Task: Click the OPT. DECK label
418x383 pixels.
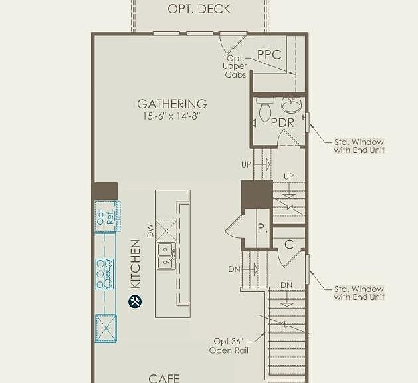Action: tap(199, 9)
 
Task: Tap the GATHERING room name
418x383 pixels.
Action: tap(172, 104)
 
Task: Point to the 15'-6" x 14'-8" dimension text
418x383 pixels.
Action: tap(171, 116)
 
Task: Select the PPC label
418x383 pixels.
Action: tap(269, 55)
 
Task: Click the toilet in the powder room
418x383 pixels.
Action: tap(265, 109)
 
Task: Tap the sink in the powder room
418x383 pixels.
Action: tap(291, 104)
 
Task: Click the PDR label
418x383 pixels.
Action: tap(282, 123)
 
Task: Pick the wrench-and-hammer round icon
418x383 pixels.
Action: tap(135, 301)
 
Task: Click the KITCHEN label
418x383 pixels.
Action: tap(136, 264)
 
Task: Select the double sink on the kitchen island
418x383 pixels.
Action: tap(166, 256)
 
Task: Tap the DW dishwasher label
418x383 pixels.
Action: tap(151, 231)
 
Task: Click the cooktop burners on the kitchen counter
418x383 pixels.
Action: tap(104, 274)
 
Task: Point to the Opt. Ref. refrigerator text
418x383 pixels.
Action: tap(105, 217)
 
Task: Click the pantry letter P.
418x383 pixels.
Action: tap(262, 228)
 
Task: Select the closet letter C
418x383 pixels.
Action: tap(289, 245)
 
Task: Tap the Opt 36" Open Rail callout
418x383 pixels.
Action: tap(229, 346)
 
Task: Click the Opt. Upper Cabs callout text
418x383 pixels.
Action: tap(235, 66)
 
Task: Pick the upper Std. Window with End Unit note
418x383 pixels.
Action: tap(359, 146)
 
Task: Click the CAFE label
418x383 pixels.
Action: tap(164, 378)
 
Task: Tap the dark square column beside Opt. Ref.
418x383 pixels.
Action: tap(104, 191)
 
